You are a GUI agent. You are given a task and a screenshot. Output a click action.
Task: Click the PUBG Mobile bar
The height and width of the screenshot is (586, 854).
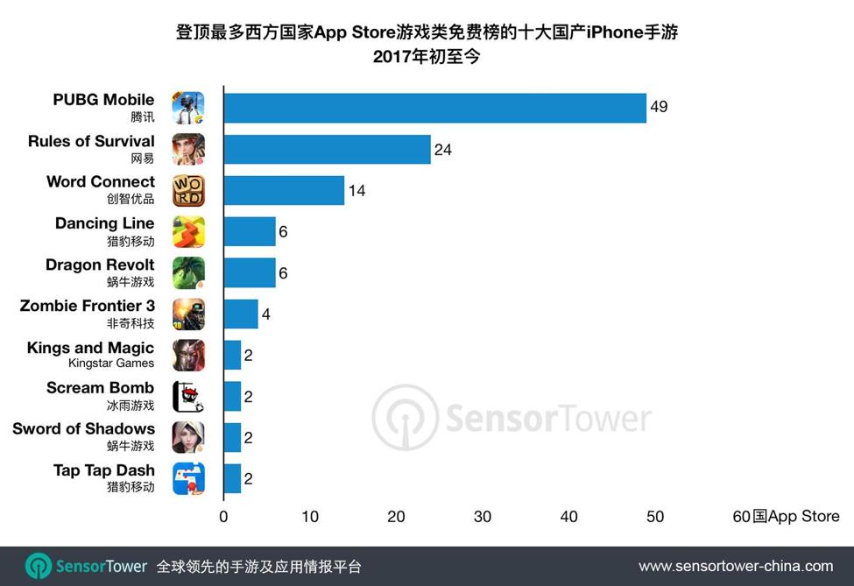pos(435,109)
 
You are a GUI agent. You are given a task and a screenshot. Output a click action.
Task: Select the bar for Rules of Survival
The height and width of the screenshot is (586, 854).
pos(328,150)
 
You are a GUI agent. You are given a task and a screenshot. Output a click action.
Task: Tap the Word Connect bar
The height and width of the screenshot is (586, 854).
pos(284,191)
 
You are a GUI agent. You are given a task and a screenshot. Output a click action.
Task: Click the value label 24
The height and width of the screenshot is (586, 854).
pos(443,150)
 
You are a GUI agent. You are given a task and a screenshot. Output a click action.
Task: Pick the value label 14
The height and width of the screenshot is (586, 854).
pos(356,191)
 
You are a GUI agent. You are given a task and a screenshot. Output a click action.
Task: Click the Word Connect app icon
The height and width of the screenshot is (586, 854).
pos(188,191)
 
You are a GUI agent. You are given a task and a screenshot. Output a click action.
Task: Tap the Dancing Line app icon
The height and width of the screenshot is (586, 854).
pos(188,232)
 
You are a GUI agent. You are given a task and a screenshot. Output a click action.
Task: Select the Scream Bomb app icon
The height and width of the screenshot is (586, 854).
pos(188,397)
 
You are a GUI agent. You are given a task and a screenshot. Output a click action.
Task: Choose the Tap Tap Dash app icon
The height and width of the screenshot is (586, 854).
pos(188,478)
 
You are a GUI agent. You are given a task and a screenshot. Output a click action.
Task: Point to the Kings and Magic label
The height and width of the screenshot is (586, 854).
pos(90,348)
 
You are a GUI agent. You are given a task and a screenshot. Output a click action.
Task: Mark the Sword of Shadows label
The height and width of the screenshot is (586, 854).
pos(83,428)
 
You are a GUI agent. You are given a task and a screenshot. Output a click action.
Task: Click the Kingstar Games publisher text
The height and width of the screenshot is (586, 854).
pos(110,363)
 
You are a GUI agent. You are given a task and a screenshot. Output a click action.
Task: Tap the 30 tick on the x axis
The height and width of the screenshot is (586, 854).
pos(483,517)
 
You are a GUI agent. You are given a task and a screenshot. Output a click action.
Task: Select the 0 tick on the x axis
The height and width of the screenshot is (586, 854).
pos(223,517)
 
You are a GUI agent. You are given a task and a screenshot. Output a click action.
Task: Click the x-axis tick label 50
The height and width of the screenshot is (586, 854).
pos(655,517)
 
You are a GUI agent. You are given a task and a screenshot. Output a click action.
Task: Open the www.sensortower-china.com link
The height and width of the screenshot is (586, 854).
pos(736,566)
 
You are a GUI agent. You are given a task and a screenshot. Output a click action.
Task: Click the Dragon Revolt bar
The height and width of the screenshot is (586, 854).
pos(250,273)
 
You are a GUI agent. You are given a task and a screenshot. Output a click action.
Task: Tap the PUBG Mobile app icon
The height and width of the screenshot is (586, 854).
pos(188,109)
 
